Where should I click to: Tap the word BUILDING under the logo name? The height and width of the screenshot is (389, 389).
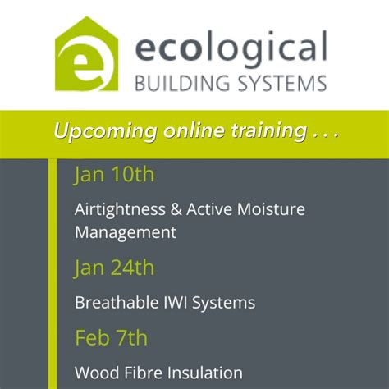click(x=176, y=83)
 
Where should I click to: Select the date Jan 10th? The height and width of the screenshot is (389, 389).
click(x=114, y=174)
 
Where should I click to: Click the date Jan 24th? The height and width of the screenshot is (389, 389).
click(x=114, y=268)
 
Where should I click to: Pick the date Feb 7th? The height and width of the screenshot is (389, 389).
click(x=111, y=337)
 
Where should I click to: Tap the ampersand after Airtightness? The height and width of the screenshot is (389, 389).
click(x=177, y=209)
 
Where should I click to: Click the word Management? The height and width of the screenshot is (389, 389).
click(x=125, y=232)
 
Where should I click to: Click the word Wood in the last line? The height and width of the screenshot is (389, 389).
click(x=95, y=373)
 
